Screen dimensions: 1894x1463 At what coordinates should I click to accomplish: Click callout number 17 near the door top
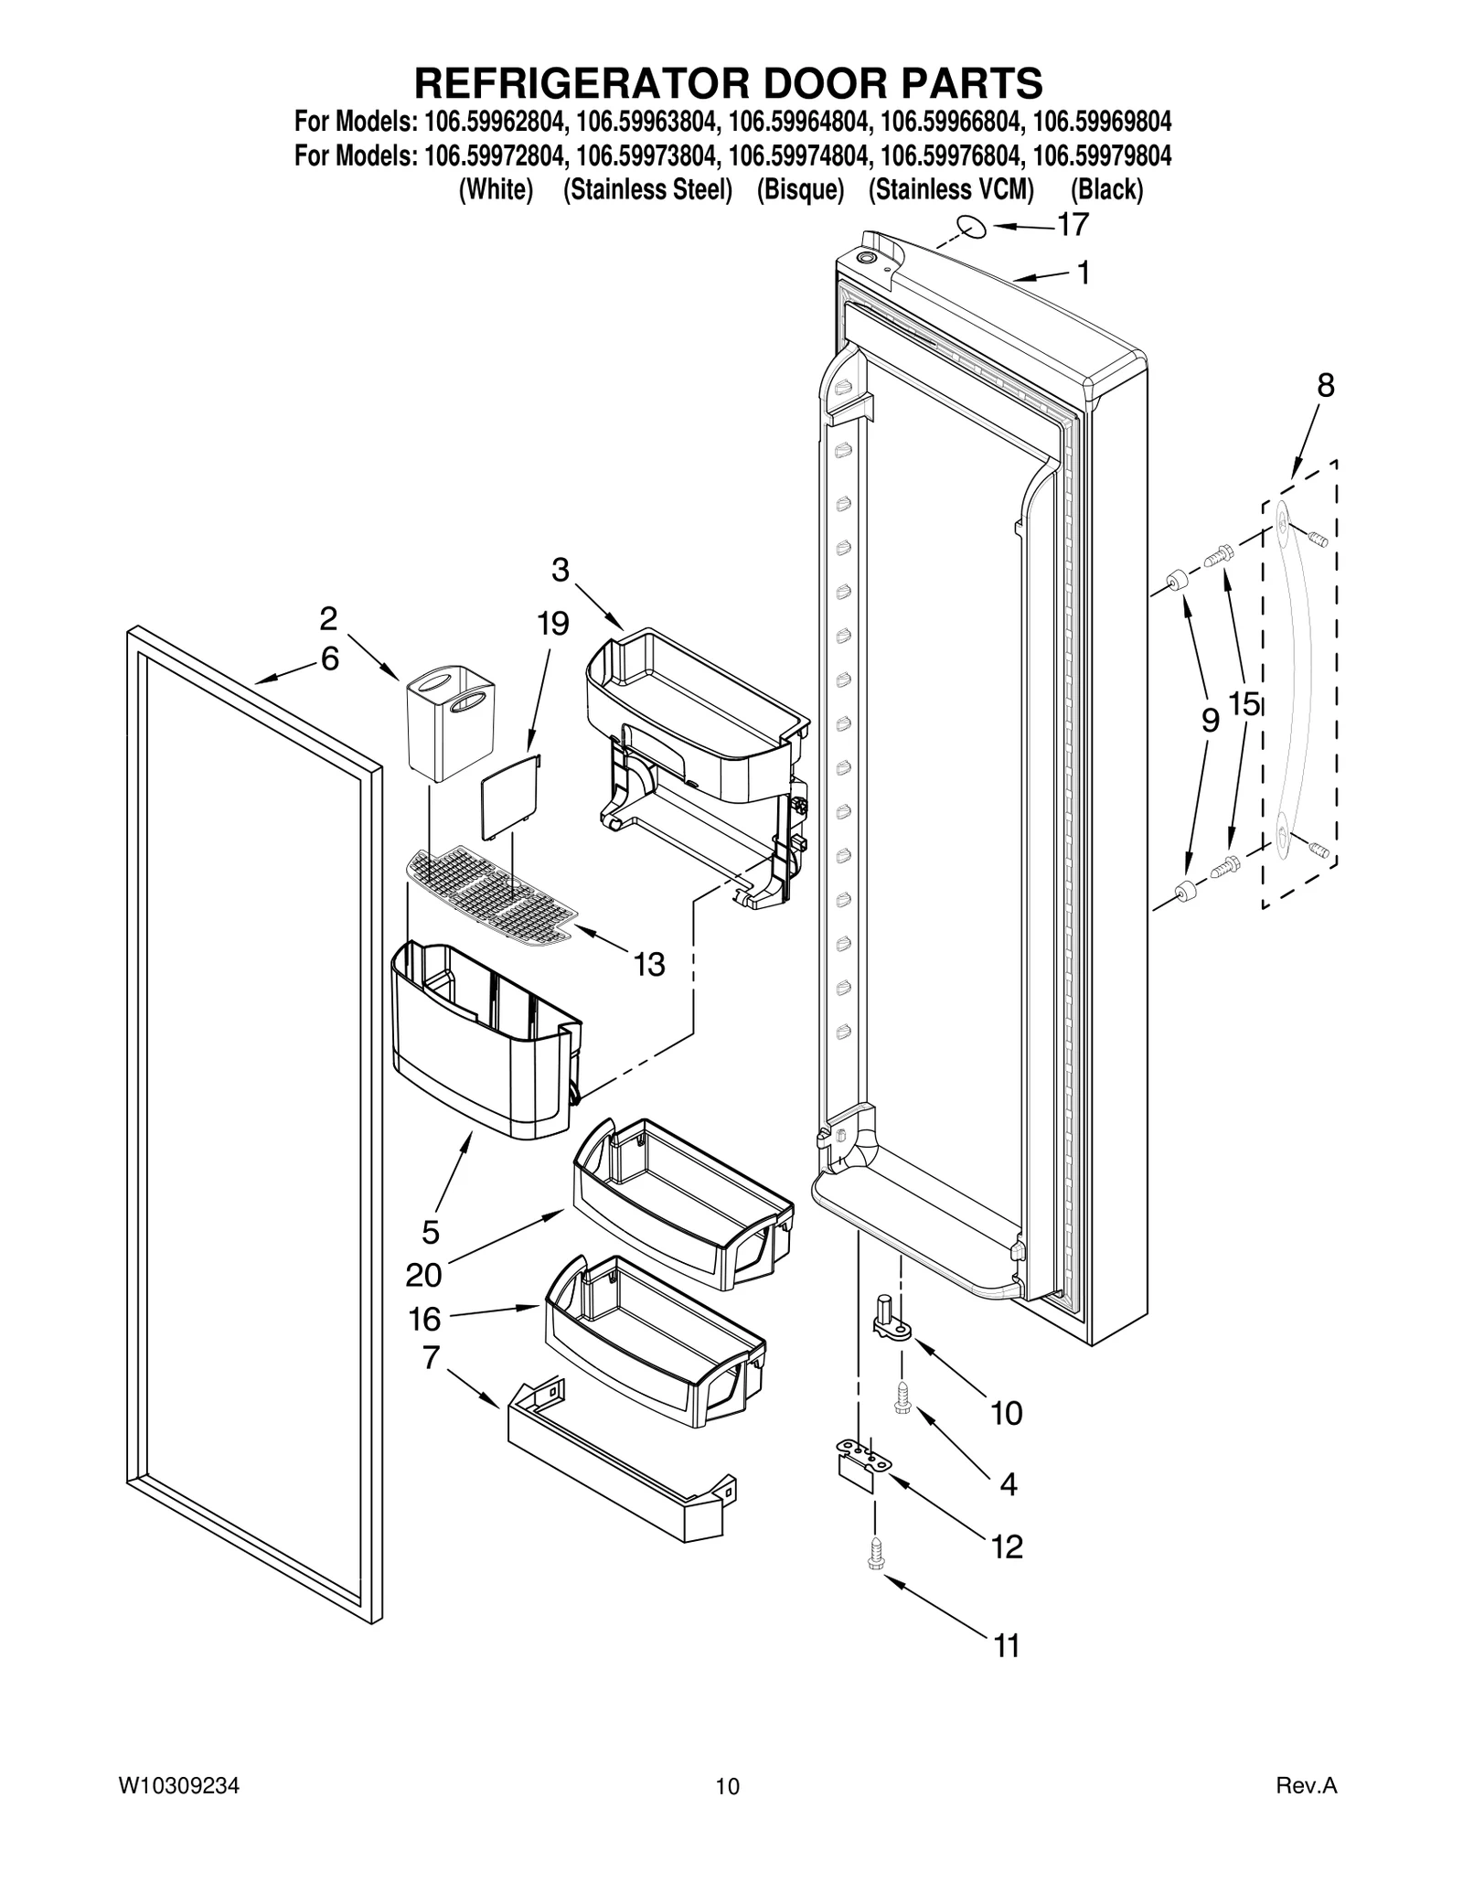(x=1073, y=224)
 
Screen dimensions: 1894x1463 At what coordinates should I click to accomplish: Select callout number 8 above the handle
(x=1325, y=386)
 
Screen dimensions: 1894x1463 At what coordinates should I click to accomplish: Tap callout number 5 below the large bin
(x=431, y=1232)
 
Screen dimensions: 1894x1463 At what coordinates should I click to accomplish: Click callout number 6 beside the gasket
(x=330, y=658)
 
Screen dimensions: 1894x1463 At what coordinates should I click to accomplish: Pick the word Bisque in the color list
(x=800, y=190)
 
